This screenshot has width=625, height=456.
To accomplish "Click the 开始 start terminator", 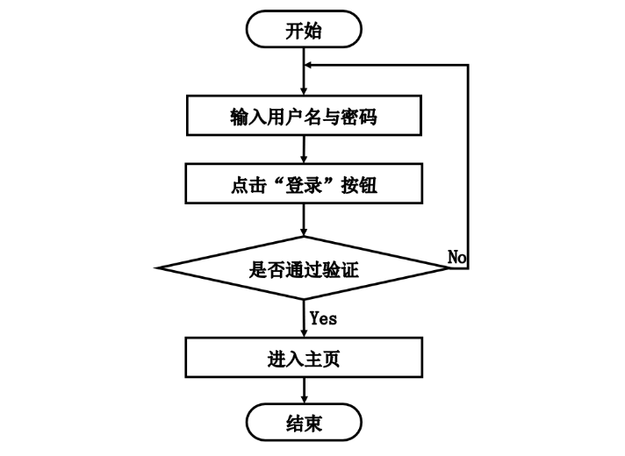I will [304, 32].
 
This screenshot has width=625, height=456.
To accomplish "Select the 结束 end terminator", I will [304, 424].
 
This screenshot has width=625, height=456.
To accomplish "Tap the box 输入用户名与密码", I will [304, 115].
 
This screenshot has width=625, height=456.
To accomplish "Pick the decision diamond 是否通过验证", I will [304, 268].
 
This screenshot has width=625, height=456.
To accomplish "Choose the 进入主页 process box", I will [304, 359].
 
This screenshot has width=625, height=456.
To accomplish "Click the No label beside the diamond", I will [456, 256].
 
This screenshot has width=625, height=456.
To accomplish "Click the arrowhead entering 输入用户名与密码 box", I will [304, 89].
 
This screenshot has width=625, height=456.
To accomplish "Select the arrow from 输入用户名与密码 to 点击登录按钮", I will [304, 150].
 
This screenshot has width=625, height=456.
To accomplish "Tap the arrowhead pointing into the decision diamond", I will [304, 230].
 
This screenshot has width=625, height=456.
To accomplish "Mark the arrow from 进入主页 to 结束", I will [304, 390].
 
